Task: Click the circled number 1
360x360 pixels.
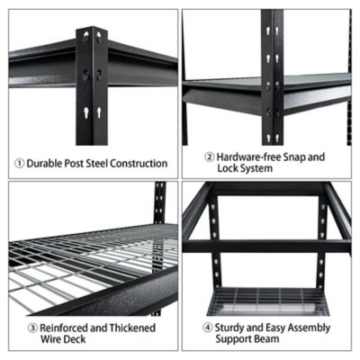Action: click(x=18, y=164)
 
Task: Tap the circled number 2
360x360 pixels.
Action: click(x=209, y=157)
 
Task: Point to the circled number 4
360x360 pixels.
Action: click(x=207, y=327)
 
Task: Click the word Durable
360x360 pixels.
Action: click(x=45, y=164)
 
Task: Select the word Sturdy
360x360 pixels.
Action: click(x=231, y=327)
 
